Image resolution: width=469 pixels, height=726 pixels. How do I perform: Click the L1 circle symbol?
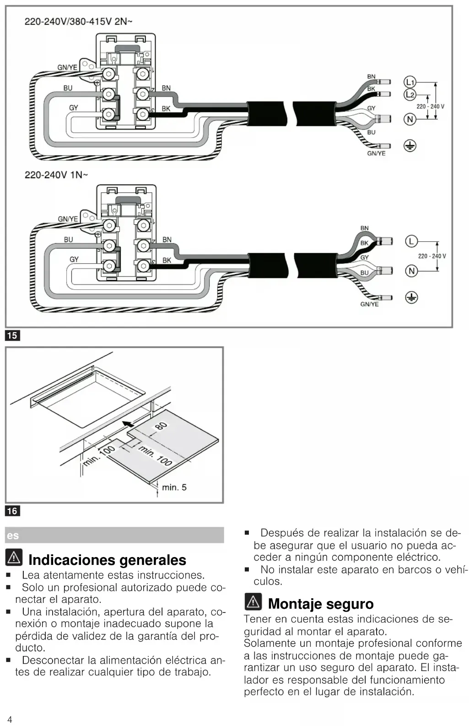tap(410, 82)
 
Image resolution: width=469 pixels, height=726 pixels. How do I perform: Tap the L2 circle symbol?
tap(410, 95)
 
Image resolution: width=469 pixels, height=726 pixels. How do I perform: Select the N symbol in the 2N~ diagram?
tap(410, 119)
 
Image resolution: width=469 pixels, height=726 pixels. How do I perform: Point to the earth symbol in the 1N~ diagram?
tap(411, 298)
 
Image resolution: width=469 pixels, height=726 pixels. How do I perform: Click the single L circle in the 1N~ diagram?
tap(411, 241)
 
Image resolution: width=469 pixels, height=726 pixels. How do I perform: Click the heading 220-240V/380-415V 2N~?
tap(78, 22)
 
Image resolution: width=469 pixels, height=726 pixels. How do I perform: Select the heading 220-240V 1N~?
tap(56, 175)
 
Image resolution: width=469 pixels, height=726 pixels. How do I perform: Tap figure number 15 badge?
tap(12, 336)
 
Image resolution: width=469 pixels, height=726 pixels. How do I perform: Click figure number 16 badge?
tap(12, 511)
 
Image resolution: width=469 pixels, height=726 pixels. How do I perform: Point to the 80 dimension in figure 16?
tap(161, 426)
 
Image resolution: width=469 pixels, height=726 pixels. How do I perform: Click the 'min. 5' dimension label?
tap(174, 488)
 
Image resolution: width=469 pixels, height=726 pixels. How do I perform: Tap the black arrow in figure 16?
tap(129, 423)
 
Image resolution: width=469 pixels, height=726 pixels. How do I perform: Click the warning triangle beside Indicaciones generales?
tap(14, 558)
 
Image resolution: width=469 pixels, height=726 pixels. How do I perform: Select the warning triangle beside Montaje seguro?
tap(253, 601)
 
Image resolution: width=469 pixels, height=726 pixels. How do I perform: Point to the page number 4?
tap(10, 720)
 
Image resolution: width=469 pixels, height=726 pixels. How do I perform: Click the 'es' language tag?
tap(13, 536)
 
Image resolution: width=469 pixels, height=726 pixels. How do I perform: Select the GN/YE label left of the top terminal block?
tap(67, 67)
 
